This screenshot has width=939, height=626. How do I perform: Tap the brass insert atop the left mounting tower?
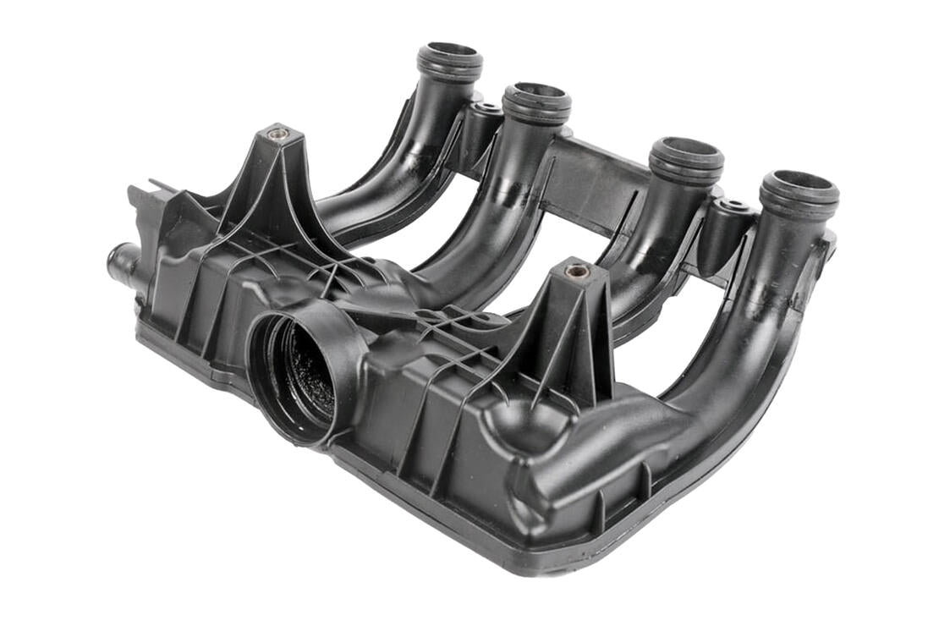click(x=278, y=133)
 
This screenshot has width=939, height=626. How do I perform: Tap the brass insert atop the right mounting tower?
click(x=579, y=271)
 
